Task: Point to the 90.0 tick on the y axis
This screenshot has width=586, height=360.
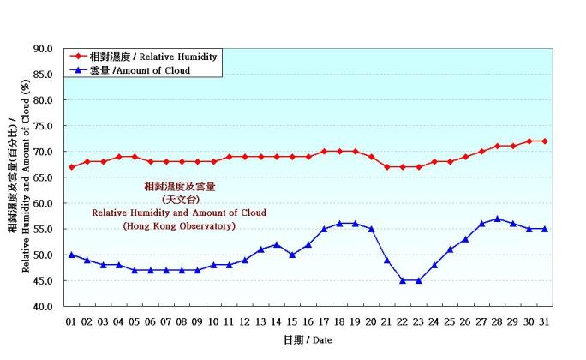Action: click(43, 49)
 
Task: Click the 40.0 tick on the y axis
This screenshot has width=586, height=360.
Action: click(43, 306)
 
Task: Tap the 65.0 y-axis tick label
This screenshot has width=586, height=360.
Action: click(43, 177)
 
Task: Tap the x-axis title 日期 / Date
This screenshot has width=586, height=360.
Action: click(308, 340)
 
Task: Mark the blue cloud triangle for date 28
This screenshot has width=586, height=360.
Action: click(498, 219)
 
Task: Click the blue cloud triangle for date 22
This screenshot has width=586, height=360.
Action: click(403, 280)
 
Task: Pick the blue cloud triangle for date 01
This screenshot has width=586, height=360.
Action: click(71, 255)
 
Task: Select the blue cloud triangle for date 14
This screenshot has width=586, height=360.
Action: click(277, 244)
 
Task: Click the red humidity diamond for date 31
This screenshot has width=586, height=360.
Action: click(545, 141)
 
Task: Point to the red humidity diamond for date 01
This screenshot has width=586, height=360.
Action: click(71, 167)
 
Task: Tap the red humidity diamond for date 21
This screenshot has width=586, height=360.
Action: click(387, 167)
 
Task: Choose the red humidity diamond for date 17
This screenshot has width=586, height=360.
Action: click(324, 152)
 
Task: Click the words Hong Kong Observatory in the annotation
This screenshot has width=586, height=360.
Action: click(179, 226)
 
